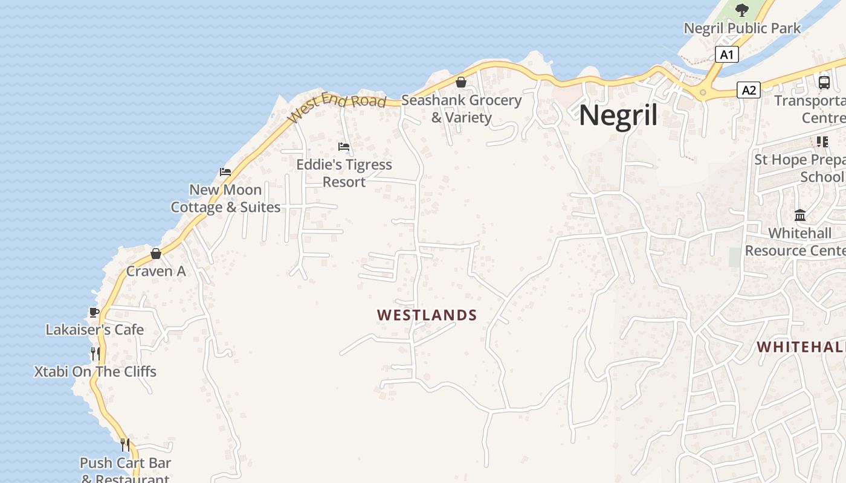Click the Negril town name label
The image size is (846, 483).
(x=618, y=115)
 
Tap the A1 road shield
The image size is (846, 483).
(x=727, y=54)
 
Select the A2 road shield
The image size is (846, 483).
(x=749, y=91)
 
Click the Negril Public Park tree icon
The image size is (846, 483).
(x=741, y=10)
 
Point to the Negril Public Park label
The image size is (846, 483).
(x=742, y=28)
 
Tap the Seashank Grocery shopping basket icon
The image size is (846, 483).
(x=461, y=82)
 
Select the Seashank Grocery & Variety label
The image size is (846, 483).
(x=461, y=109)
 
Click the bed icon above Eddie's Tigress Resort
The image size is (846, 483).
(x=344, y=147)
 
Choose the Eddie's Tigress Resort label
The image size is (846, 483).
(x=344, y=173)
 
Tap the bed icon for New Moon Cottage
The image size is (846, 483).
(x=225, y=172)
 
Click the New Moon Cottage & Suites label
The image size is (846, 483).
(x=225, y=199)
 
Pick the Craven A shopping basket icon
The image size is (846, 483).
(x=156, y=254)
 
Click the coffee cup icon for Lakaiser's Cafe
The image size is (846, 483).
(x=94, y=312)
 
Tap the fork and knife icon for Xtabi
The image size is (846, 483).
(x=95, y=353)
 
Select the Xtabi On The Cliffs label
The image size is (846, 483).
(x=95, y=372)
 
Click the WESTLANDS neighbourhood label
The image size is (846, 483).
(x=427, y=315)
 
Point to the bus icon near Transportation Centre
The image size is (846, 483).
(x=824, y=82)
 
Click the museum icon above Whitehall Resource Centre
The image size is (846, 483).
(x=801, y=215)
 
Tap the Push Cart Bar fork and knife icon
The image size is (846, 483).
(x=125, y=445)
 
